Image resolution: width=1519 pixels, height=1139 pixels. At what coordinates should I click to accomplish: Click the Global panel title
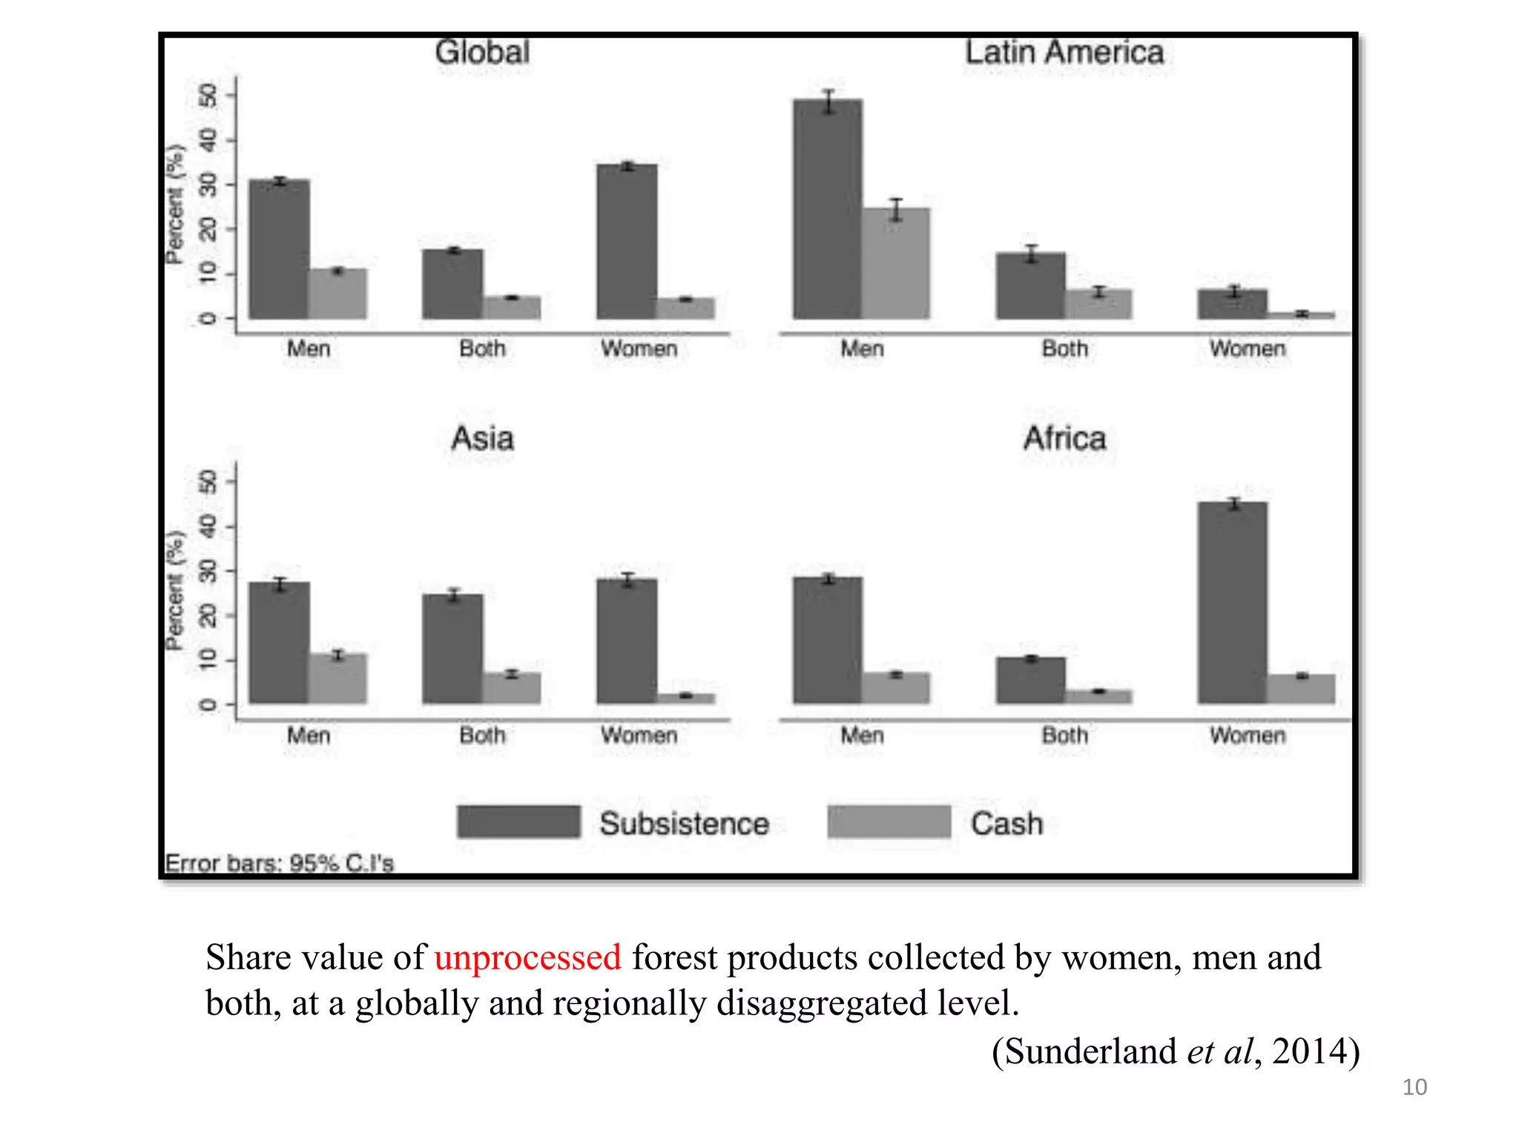click(482, 53)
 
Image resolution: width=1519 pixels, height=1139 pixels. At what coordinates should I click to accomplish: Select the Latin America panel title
click(1064, 53)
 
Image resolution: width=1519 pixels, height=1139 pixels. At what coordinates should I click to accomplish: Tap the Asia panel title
click(482, 438)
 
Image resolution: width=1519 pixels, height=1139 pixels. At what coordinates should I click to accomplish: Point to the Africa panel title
click(1064, 438)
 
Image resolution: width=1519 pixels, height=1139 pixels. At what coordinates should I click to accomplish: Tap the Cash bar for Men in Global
click(337, 294)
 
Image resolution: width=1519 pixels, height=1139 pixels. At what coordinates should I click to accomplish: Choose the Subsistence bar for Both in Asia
click(452, 649)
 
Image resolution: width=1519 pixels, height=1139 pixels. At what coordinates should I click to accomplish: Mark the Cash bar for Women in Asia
click(686, 699)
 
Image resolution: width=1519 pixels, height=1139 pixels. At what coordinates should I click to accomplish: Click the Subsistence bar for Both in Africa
click(1031, 680)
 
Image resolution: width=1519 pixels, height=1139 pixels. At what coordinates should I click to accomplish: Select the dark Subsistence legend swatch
click(518, 822)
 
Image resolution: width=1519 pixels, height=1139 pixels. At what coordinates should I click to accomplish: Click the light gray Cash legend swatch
click(889, 822)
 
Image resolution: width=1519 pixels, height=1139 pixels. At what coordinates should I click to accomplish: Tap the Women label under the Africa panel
click(1247, 736)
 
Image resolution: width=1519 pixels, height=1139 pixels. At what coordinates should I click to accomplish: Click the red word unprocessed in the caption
click(527, 957)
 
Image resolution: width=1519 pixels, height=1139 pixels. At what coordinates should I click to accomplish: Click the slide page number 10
click(1414, 1087)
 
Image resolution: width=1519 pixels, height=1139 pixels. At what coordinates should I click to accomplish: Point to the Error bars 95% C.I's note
click(279, 863)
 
